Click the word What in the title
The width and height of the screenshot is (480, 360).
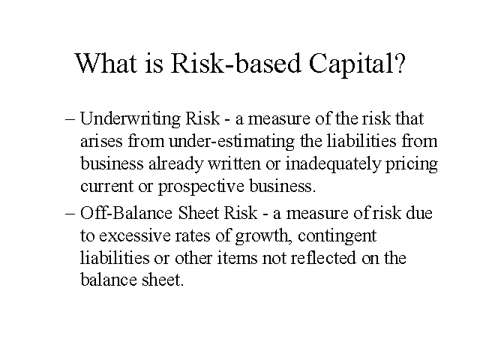[106, 63]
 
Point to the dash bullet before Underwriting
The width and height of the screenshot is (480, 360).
[70, 120]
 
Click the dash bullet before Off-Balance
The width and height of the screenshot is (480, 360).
[70, 214]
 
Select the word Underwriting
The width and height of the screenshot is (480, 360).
[130, 118]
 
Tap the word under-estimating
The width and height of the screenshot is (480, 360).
[232, 142]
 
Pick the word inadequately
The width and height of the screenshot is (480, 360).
[333, 164]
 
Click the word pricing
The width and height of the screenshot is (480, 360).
[412, 165]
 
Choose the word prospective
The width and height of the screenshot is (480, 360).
[201, 187]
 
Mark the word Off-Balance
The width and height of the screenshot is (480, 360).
[126, 212]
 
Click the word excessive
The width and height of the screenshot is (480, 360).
[135, 235]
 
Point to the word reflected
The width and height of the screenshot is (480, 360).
[323, 258]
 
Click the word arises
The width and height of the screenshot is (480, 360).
[101, 142]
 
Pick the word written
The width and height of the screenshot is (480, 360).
[234, 164]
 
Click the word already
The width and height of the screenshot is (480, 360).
[175, 165]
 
